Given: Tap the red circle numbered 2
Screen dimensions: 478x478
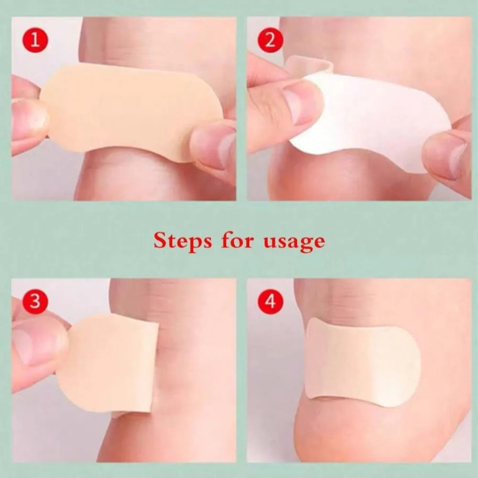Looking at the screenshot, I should point(270,40).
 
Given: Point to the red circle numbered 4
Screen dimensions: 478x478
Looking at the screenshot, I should point(270,302).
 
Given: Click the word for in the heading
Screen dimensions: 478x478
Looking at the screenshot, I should point(238,240).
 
